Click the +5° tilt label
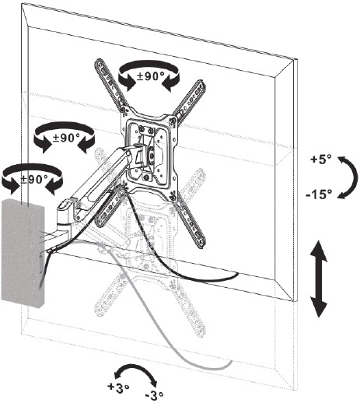tap(321, 159)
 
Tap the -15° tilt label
tap(319, 194)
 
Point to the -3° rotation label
tap(155, 396)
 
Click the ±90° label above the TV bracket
tap(151, 76)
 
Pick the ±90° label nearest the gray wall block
tap(34, 179)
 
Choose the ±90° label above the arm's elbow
tap(66, 138)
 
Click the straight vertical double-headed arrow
tap(319, 279)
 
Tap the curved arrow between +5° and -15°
tap(354, 177)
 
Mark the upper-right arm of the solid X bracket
tap(190, 99)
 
